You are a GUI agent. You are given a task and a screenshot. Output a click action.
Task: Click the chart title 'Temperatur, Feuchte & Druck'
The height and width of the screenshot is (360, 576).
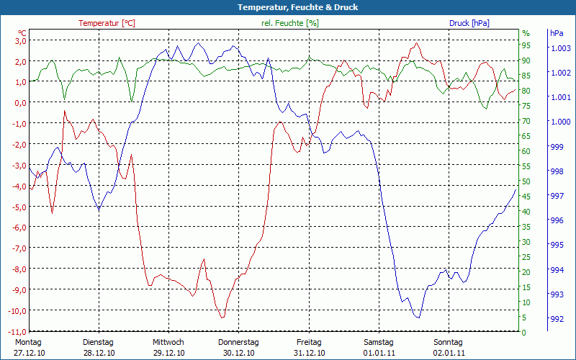coord(287,7)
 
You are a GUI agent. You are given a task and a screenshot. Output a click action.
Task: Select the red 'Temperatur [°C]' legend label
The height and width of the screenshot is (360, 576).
coord(107,23)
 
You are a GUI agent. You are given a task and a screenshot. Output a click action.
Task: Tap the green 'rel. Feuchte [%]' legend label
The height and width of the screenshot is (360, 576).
coord(290,23)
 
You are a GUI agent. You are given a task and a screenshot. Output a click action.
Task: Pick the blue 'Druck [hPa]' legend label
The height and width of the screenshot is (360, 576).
coord(469,23)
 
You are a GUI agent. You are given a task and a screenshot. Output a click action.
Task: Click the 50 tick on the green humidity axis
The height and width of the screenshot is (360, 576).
coord(526,181)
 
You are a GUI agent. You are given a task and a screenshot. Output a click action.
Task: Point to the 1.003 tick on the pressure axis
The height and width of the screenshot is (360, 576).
coord(560,48)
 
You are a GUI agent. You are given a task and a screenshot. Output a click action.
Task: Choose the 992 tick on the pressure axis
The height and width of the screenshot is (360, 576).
coord(557,319)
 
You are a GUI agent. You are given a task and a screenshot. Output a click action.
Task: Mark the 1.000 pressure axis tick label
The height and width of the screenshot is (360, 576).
coord(560,122)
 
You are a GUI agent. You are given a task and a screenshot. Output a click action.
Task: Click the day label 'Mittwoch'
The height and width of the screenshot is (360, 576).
coord(168,342)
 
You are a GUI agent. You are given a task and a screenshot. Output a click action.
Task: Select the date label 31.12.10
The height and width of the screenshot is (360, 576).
coord(309,353)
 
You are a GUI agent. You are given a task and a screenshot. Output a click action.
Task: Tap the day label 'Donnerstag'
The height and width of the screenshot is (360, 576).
coord(238,342)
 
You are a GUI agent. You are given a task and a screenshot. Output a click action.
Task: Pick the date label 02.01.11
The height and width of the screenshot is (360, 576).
coord(449,353)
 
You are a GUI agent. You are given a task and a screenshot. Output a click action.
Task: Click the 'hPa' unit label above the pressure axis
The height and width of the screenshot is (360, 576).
coord(557,33)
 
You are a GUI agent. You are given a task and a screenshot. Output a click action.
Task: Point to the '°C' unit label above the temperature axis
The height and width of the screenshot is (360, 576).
coord(22,33)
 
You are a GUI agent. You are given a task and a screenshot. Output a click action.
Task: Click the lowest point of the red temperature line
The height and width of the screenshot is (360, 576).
coord(222,318)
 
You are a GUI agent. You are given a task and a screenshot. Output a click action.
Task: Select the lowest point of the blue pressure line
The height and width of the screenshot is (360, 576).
coord(417,318)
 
